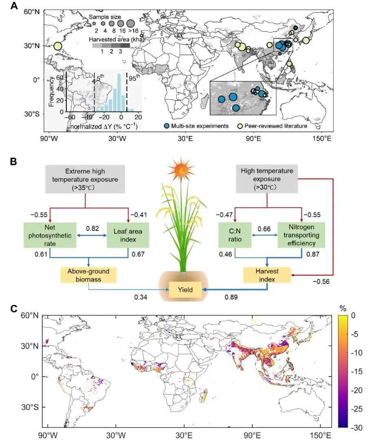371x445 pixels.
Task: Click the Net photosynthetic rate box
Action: (x=50, y=235)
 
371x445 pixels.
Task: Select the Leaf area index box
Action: (x=128, y=235)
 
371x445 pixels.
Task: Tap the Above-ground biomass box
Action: (x=88, y=275)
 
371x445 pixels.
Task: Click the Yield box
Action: (x=185, y=290)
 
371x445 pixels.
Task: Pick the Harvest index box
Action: (x=267, y=275)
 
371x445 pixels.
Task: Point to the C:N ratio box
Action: (x=235, y=235)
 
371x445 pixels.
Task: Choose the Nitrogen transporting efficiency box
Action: (x=301, y=235)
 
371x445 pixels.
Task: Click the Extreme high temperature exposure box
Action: (x=85, y=180)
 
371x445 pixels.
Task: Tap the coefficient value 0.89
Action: (x=231, y=297)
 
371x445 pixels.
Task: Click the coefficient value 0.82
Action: (x=93, y=228)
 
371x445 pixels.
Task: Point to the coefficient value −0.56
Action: (x=321, y=281)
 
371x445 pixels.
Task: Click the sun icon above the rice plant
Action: (x=181, y=170)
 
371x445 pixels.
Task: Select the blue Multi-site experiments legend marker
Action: (x=167, y=126)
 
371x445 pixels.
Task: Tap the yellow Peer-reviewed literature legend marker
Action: (x=240, y=126)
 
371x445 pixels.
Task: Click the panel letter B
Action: (x=13, y=162)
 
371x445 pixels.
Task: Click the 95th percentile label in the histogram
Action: (x=134, y=77)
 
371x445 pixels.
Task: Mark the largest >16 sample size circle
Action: (x=131, y=23)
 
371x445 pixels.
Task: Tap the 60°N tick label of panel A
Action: (x=31, y=12)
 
